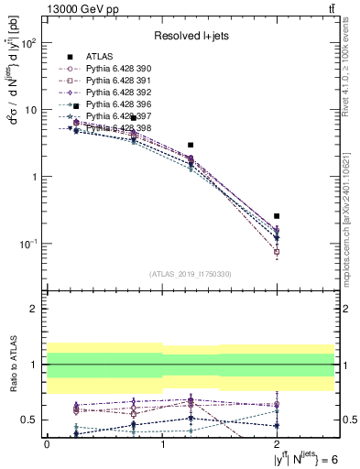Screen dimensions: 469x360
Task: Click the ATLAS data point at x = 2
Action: coord(277,216)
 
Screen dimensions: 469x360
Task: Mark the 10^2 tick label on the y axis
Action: coord(27,44)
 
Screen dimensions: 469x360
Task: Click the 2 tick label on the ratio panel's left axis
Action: coord(35,309)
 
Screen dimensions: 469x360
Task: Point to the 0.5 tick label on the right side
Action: coord(349,420)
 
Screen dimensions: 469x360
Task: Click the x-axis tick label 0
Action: coord(46,444)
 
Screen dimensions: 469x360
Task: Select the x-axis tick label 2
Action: coord(277,444)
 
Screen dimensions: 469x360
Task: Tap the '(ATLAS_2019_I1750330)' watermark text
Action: coord(190,274)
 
